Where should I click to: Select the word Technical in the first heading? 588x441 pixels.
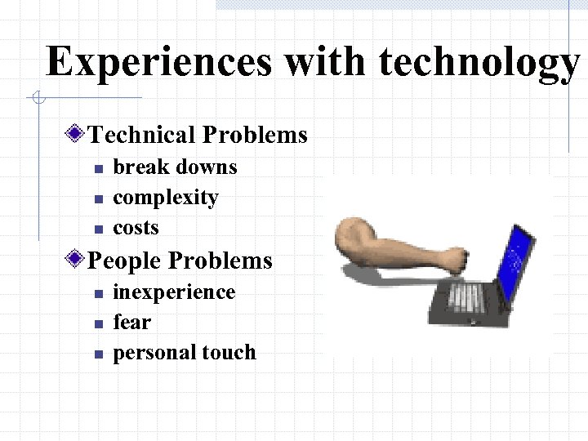point(142,135)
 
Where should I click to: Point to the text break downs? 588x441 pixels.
point(175,167)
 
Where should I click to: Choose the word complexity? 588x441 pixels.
point(166,198)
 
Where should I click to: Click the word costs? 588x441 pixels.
point(136,228)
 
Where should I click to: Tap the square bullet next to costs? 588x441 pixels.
point(96,229)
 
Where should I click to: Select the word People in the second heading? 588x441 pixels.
point(124,261)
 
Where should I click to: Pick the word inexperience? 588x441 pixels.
point(174,292)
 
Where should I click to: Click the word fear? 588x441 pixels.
point(131,323)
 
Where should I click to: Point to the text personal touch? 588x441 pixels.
point(185,353)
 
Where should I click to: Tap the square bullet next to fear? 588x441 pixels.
point(96,323)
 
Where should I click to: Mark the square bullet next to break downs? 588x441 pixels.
point(96,168)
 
